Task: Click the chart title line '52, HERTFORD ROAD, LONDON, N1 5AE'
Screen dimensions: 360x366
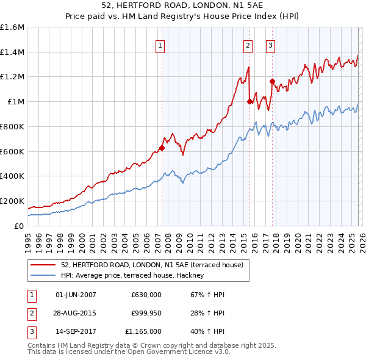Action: tap(183, 5)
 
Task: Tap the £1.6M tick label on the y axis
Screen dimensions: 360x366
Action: tap(12, 27)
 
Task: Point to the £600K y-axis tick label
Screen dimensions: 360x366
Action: tap(12, 151)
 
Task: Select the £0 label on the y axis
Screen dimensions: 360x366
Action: tap(18, 226)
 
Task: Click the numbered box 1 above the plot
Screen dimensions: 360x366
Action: tap(160, 45)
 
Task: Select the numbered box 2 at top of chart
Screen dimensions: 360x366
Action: tap(248, 45)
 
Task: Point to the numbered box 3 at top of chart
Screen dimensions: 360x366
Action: tap(270, 45)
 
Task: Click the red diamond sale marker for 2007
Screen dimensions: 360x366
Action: tap(162, 148)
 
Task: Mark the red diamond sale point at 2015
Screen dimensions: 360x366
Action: tap(250, 102)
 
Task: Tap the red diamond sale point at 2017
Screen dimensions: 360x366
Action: tap(272, 81)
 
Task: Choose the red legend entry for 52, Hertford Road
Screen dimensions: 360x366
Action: tap(152, 265)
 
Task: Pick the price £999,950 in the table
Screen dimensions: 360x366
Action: tap(146, 313)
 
